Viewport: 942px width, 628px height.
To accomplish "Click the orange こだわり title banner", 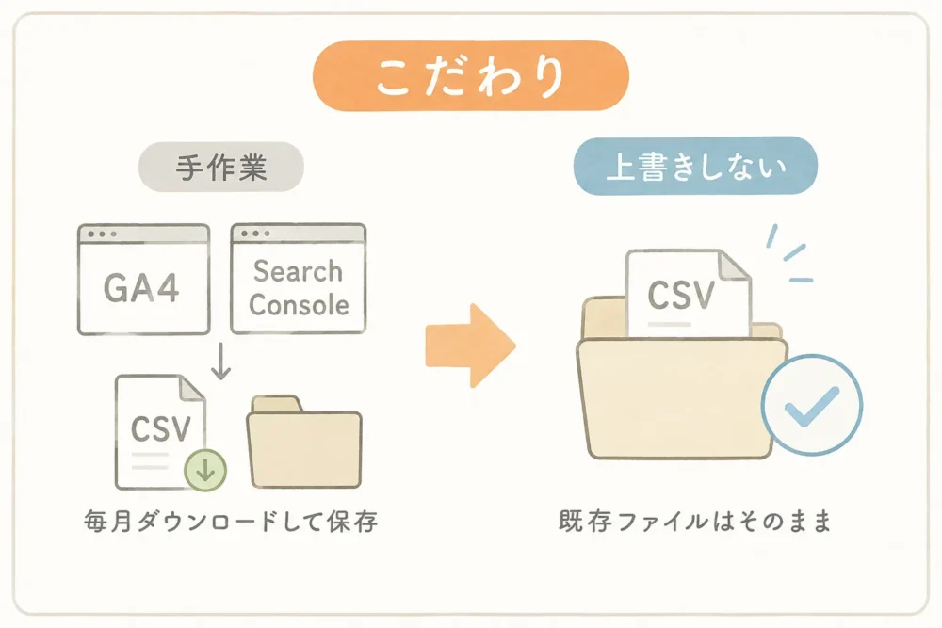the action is click(470, 75).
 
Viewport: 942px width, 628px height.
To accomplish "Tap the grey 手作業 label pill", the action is click(221, 167).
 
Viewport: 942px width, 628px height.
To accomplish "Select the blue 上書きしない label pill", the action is click(696, 166).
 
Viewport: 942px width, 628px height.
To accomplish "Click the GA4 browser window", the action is click(143, 280).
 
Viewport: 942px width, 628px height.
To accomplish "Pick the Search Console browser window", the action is click(299, 279).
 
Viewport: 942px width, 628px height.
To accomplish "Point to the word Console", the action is click(299, 305).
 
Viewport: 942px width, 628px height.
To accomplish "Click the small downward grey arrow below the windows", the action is click(221, 362).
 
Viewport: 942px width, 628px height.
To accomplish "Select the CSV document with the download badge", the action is click(161, 432).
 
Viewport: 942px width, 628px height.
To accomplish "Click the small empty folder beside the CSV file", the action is click(304, 442).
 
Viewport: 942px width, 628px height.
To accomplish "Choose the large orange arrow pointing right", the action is click(470, 346).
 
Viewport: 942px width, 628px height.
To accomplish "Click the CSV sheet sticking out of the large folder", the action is click(689, 293).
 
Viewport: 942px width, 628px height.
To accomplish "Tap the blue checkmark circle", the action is click(812, 406).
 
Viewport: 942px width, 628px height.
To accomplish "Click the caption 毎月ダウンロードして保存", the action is click(231, 521).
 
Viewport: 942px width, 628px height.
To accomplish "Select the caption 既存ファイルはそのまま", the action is click(695, 521).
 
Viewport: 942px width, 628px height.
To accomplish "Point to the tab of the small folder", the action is click(276, 404).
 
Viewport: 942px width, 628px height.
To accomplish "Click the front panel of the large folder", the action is click(682, 398).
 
